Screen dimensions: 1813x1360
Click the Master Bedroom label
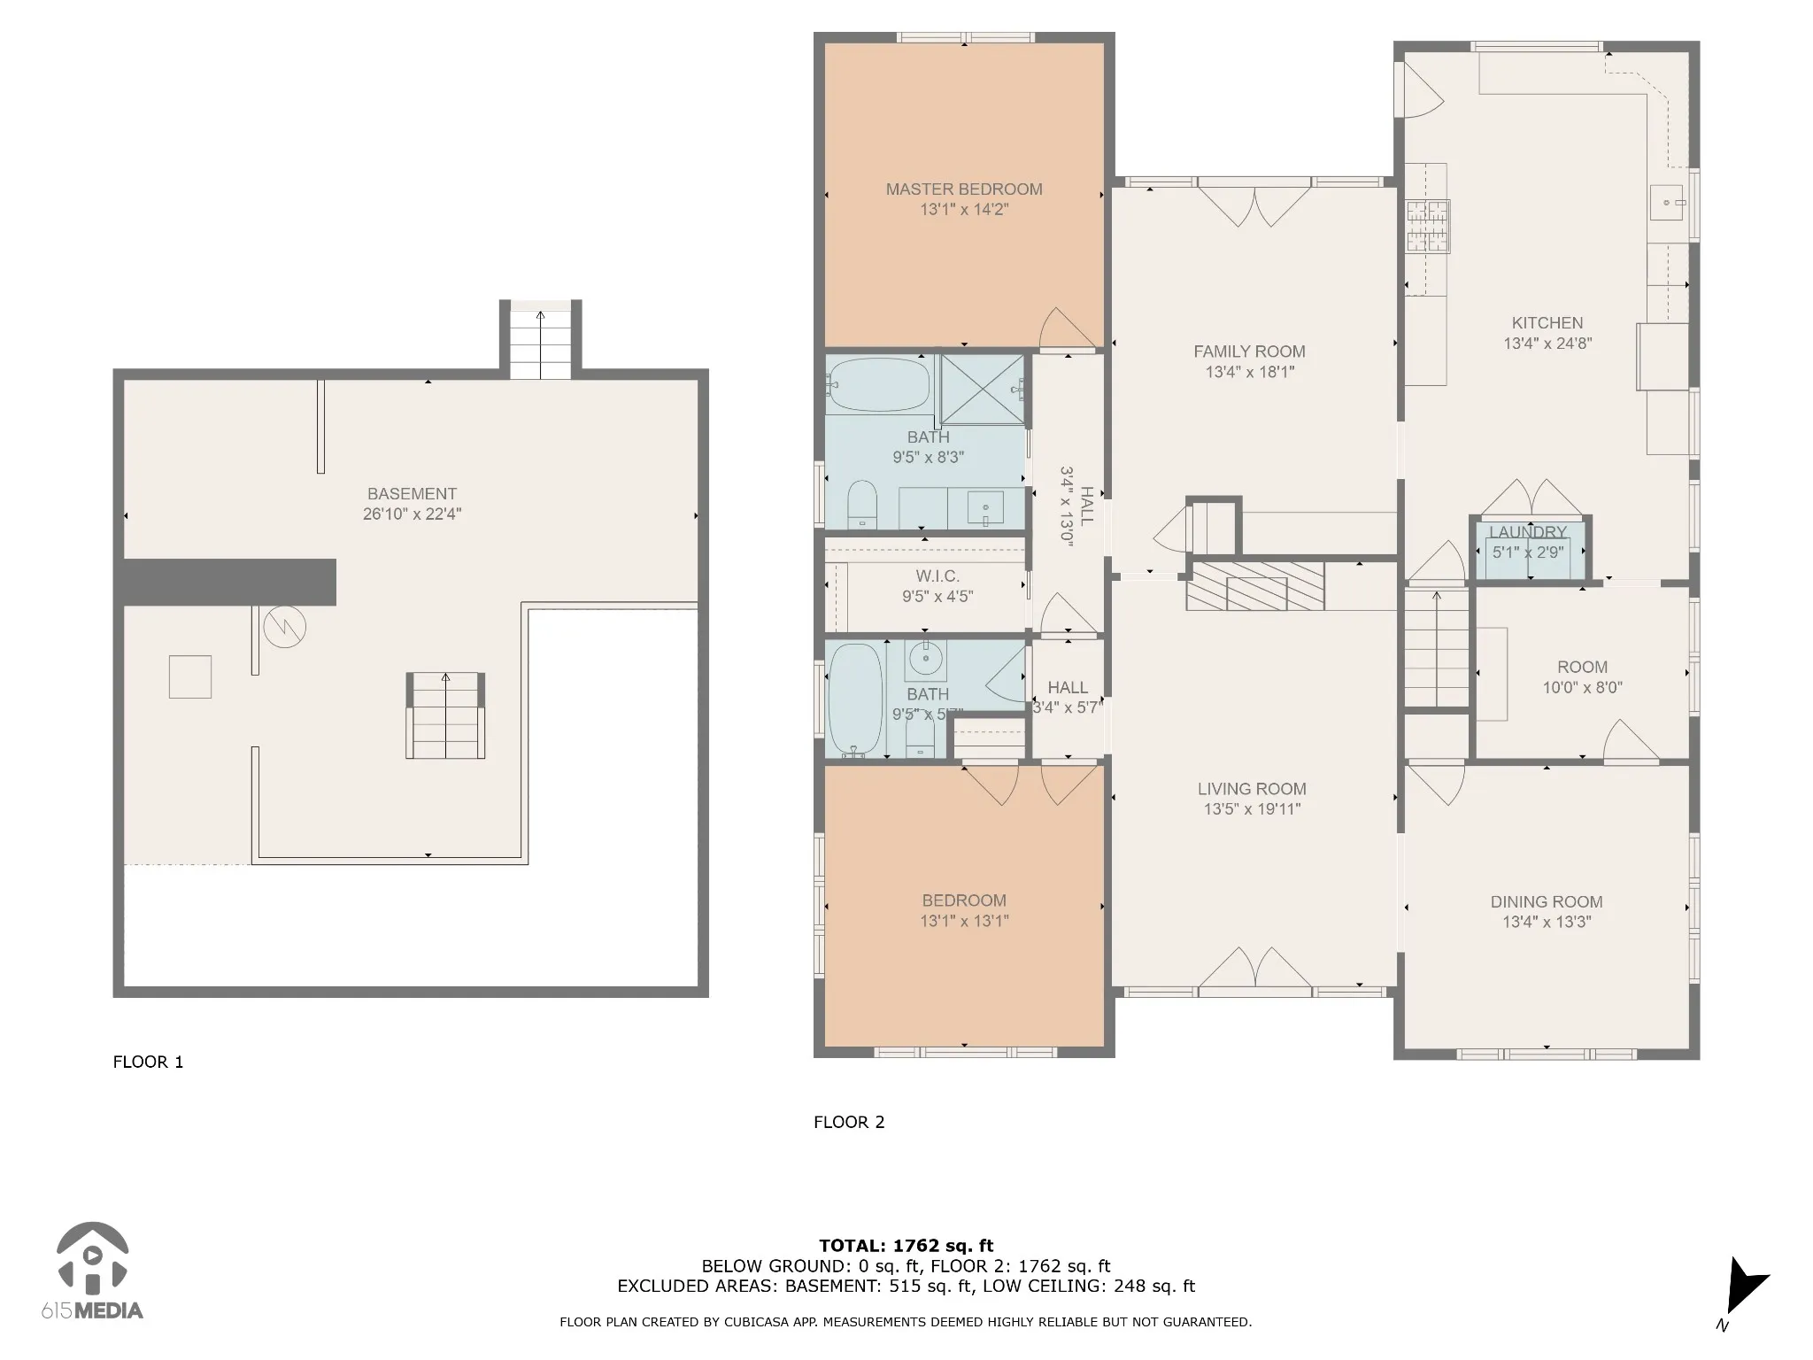point(964,189)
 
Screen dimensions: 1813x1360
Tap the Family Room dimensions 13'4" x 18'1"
point(1249,372)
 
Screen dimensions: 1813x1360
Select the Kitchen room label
point(1547,323)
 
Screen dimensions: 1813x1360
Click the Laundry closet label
point(1528,532)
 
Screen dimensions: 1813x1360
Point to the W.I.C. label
point(937,576)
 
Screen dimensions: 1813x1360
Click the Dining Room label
point(1547,902)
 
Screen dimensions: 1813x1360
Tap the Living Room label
point(1252,789)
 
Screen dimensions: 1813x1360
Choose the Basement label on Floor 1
point(413,494)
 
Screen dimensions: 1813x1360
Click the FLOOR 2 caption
point(849,1122)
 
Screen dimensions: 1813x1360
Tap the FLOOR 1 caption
point(148,1062)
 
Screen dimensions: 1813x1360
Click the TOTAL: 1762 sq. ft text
point(906,1246)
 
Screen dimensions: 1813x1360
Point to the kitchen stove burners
point(1428,227)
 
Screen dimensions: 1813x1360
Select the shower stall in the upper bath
point(982,390)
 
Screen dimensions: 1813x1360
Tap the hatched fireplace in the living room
point(1255,585)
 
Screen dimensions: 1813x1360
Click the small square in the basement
point(190,676)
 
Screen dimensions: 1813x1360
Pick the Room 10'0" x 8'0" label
point(1583,677)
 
